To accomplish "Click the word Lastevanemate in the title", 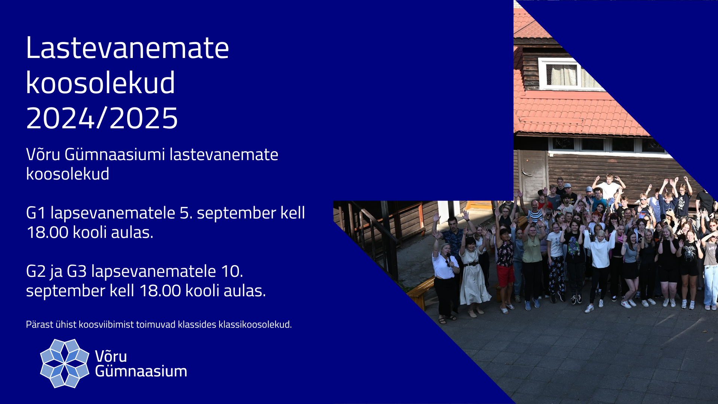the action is (x=127, y=48).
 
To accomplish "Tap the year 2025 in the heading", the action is (x=144, y=118).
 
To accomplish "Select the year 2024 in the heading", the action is (x=60, y=118).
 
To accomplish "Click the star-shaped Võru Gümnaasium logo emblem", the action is (x=65, y=363).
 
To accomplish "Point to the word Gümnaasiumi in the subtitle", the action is (x=115, y=154).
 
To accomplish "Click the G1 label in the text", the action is (x=36, y=213).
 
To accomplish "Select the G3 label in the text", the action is (x=77, y=271).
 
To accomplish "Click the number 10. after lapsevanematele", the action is (x=232, y=271).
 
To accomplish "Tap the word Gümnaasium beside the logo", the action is (x=141, y=371).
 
